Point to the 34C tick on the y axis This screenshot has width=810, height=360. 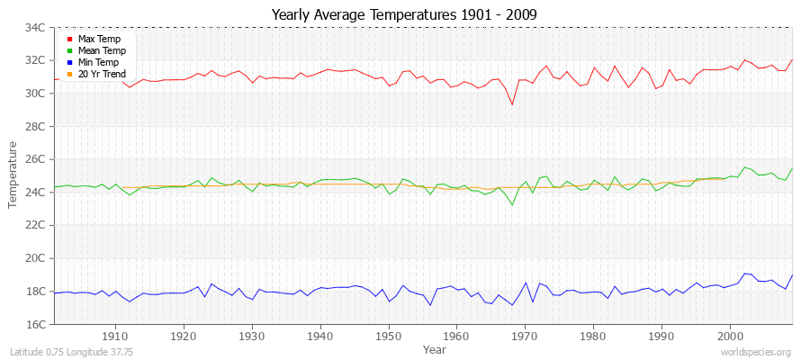click(x=35, y=28)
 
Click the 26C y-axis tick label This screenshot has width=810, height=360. click(x=35, y=159)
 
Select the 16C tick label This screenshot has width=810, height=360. click(x=35, y=324)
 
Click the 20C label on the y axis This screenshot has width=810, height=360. click(x=35, y=258)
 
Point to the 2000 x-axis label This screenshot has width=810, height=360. click(x=730, y=336)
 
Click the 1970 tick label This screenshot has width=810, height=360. click(x=526, y=336)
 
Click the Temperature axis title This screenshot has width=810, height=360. click(x=13, y=175)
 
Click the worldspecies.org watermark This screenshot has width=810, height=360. click(x=756, y=352)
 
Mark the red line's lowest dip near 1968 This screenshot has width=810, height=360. click(x=512, y=104)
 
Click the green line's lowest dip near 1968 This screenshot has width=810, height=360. click(x=512, y=205)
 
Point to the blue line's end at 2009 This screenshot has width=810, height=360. click(x=792, y=275)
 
